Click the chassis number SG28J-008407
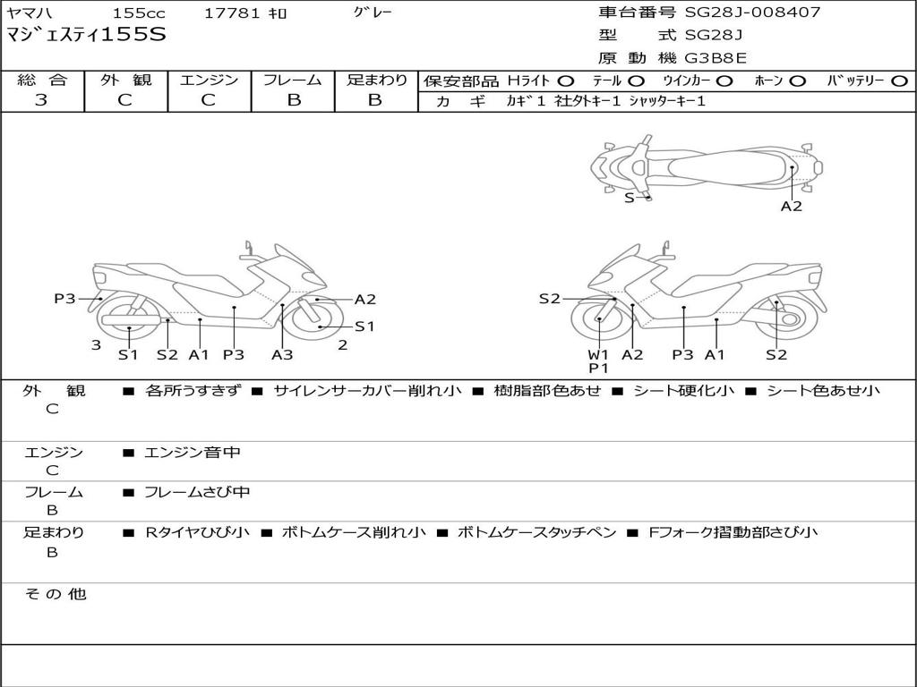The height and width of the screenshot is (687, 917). tap(752, 12)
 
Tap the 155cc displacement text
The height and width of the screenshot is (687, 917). tap(139, 13)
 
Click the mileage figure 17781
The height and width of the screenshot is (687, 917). tap(232, 13)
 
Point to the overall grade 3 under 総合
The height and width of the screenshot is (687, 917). tap(41, 99)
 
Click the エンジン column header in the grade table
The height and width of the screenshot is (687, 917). tap(209, 80)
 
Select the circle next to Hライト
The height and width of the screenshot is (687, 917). tap(566, 81)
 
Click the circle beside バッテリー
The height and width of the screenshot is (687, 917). tap(899, 81)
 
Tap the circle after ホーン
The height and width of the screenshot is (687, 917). tap(798, 81)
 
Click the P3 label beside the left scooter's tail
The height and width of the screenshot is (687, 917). tap(64, 299)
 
